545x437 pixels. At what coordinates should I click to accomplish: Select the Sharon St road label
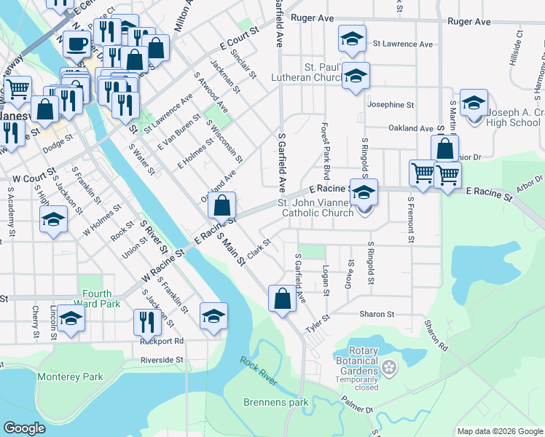(376, 315)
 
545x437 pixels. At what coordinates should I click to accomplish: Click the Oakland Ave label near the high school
(411, 128)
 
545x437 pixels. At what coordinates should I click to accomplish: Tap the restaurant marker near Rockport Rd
(147, 321)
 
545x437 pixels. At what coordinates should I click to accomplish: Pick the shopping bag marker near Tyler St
(282, 298)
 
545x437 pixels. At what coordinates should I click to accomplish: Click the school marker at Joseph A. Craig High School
(474, 103)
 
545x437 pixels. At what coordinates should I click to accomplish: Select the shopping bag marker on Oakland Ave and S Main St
(223, 205)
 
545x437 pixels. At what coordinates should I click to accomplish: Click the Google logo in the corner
(25, 428)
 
